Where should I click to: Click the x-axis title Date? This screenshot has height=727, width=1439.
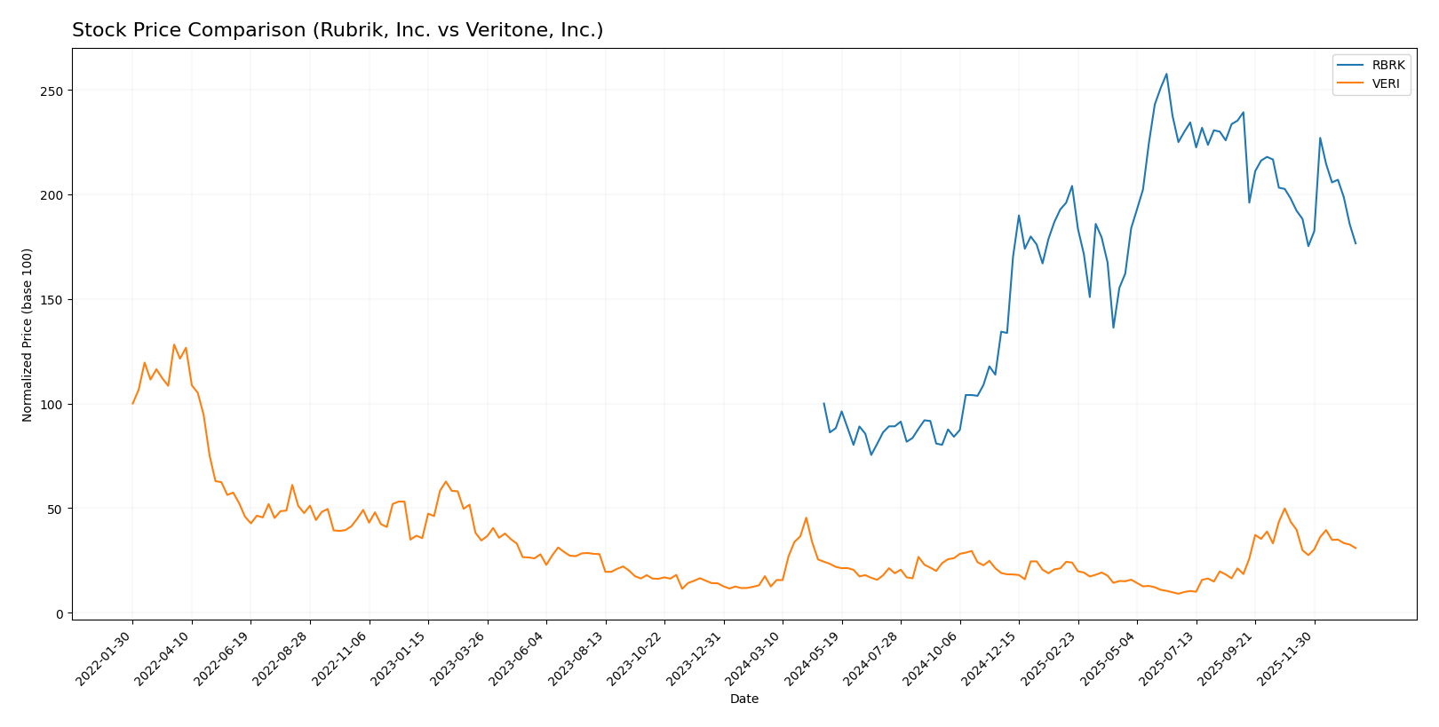point(743,699)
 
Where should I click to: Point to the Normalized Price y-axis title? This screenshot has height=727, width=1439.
point(28,335)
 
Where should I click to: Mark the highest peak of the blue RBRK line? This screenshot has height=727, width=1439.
point(1166,74)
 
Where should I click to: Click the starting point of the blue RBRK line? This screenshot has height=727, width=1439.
point(823,403)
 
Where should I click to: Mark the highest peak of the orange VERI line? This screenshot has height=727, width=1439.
point(174,344)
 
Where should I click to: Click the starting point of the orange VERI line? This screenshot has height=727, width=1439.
point(133,404)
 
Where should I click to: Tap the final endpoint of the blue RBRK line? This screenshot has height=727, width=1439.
point(1356,243)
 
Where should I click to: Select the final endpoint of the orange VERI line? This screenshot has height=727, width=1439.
point(1356,548)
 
